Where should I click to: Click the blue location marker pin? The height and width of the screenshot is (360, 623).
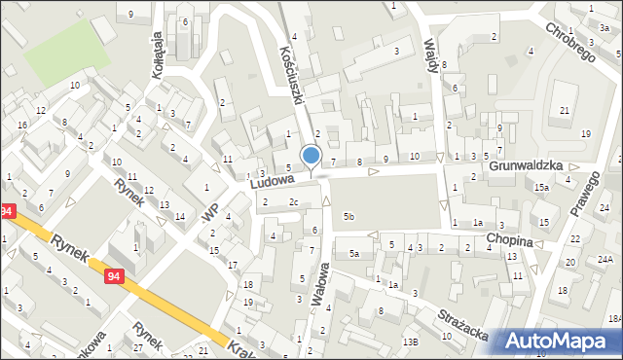point(311,156)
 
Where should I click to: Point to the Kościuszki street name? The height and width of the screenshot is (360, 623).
point(293,67)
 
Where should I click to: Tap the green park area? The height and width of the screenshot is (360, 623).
point(64,52)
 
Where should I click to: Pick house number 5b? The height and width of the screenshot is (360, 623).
point(348,215)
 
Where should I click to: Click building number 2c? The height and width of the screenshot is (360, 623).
point(293,202)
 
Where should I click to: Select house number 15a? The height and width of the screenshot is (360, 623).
point(540,186)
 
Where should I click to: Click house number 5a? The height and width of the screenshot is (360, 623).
point(354,253)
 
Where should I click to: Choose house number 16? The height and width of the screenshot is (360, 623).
point(21,125)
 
